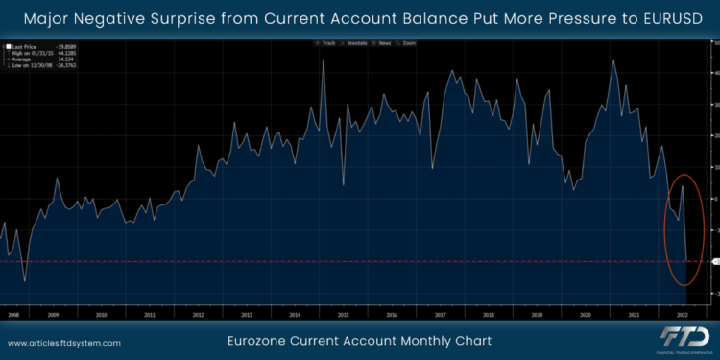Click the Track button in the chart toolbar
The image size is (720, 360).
point(325,44)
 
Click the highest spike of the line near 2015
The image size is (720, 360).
point(323,60)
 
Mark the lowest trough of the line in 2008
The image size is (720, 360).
point(25,281)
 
